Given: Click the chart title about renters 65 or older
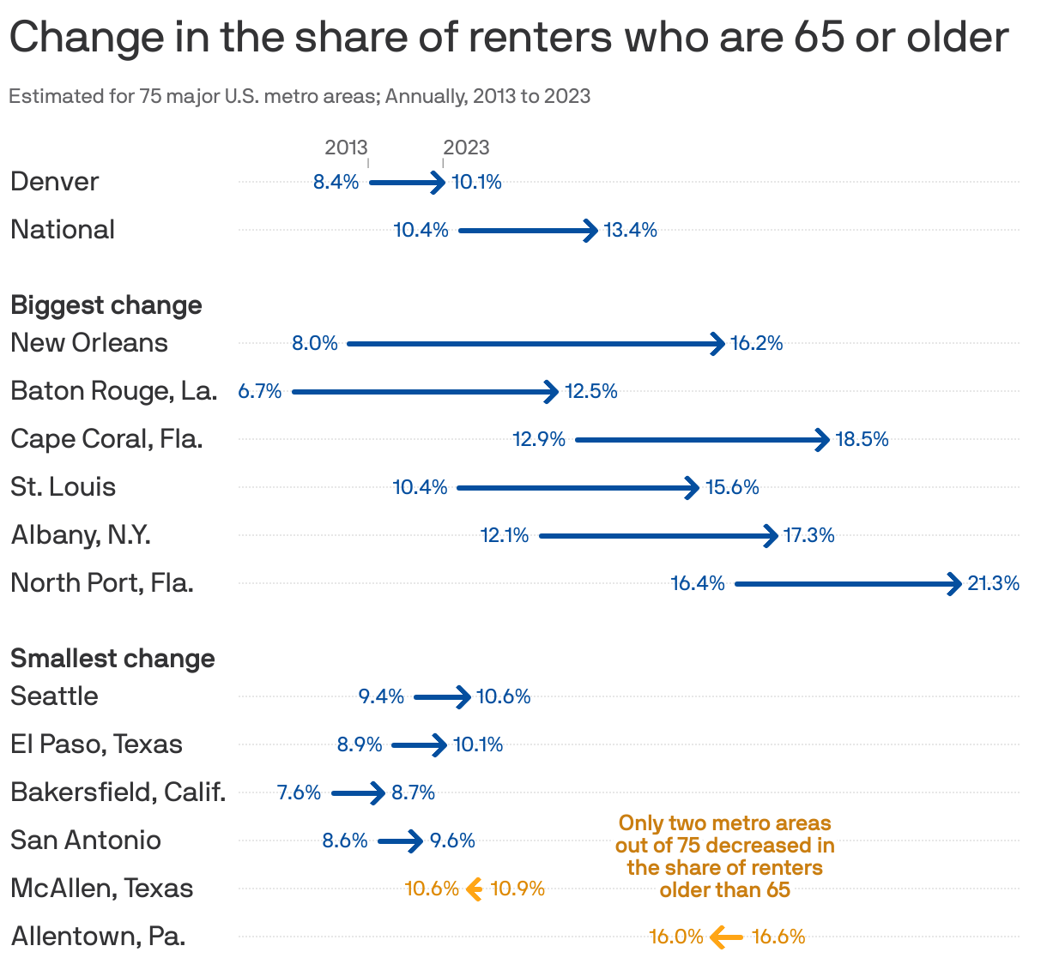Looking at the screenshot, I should pos(508,38).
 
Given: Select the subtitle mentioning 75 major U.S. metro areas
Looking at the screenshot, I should pos(300,96).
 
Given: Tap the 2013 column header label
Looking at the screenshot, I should pos(346,148).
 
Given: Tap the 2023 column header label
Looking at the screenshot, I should pos(466,148).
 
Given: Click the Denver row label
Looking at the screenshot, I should pos(55,182).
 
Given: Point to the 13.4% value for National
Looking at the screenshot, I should pos(631,230).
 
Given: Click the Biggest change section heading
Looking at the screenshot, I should pos(106,305).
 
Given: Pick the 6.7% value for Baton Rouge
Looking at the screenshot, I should pos(260,391).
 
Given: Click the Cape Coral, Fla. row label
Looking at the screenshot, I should pos(106,439).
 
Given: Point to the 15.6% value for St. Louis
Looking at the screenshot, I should pos(732,487).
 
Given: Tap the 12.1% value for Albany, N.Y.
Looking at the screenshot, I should pos(505,535).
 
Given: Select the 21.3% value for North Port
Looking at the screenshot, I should pos(993,583).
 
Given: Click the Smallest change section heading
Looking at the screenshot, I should pos(112,659).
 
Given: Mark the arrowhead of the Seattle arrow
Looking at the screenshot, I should pos(464,696).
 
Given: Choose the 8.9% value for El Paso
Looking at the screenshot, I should pos(360,744).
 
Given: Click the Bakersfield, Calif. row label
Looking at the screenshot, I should pos(118,792).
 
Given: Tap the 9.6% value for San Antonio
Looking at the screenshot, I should pos(452,840).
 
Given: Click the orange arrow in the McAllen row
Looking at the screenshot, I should pos(474,889).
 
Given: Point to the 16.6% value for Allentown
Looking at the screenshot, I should pos(778,937).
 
